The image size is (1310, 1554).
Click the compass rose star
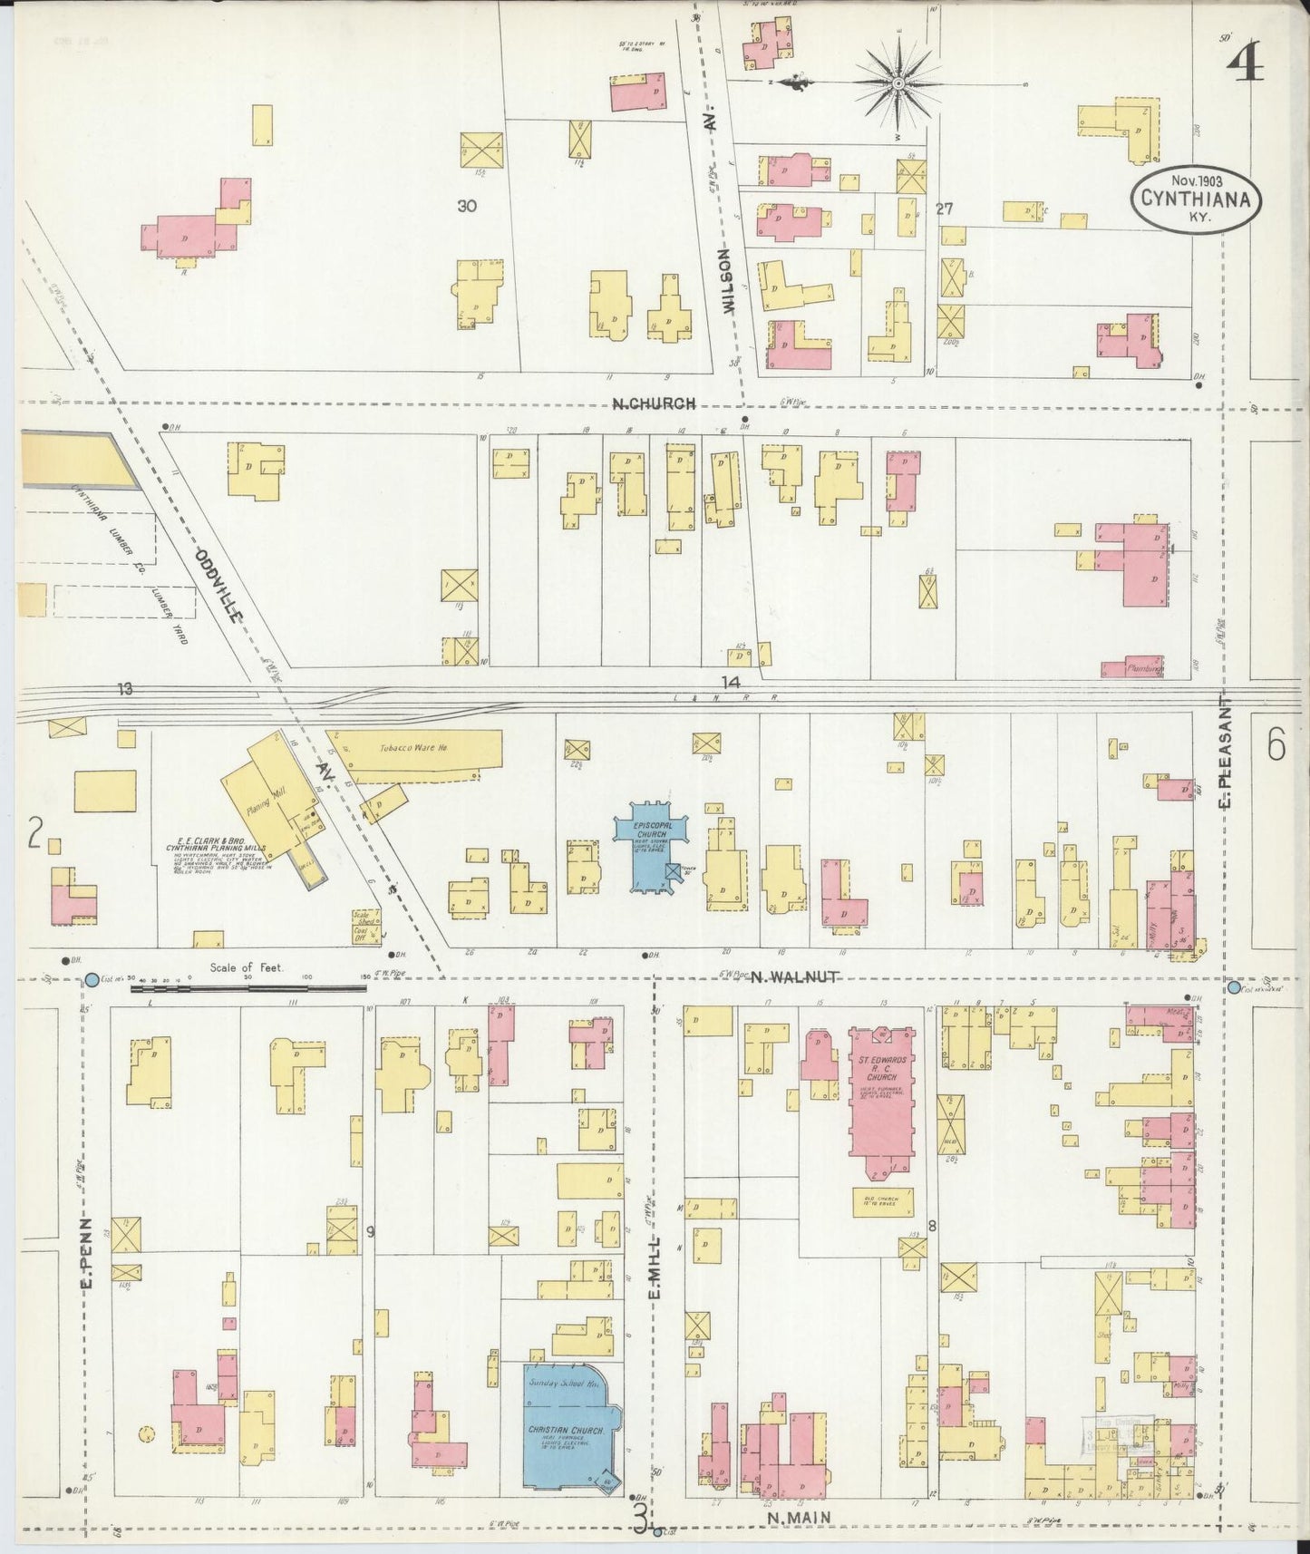pos(898,83)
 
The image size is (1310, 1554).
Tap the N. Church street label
pos(654,404)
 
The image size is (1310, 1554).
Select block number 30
pos(467,207)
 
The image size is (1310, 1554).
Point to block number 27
pos(944,209)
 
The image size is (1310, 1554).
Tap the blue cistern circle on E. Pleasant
pos(1233,986)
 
